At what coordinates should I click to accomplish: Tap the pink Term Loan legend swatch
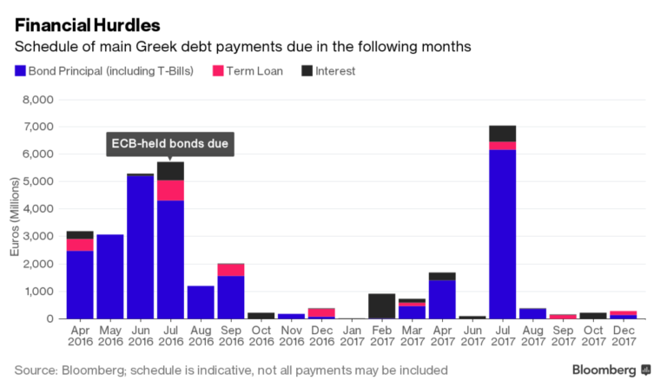point(220,70)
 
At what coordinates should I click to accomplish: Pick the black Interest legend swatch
point(307,70)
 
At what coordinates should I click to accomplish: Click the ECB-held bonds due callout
point(170,144)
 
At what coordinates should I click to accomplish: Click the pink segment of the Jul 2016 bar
point(170,190)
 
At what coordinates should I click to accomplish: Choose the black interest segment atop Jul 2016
point(170,171)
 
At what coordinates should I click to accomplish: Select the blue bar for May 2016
point(109,276)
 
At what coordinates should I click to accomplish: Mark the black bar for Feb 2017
point(381,305)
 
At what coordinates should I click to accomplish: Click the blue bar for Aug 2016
point(201,302)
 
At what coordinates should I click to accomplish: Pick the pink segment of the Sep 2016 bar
point(231,270)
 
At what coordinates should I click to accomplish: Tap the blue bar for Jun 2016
point(140,247)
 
